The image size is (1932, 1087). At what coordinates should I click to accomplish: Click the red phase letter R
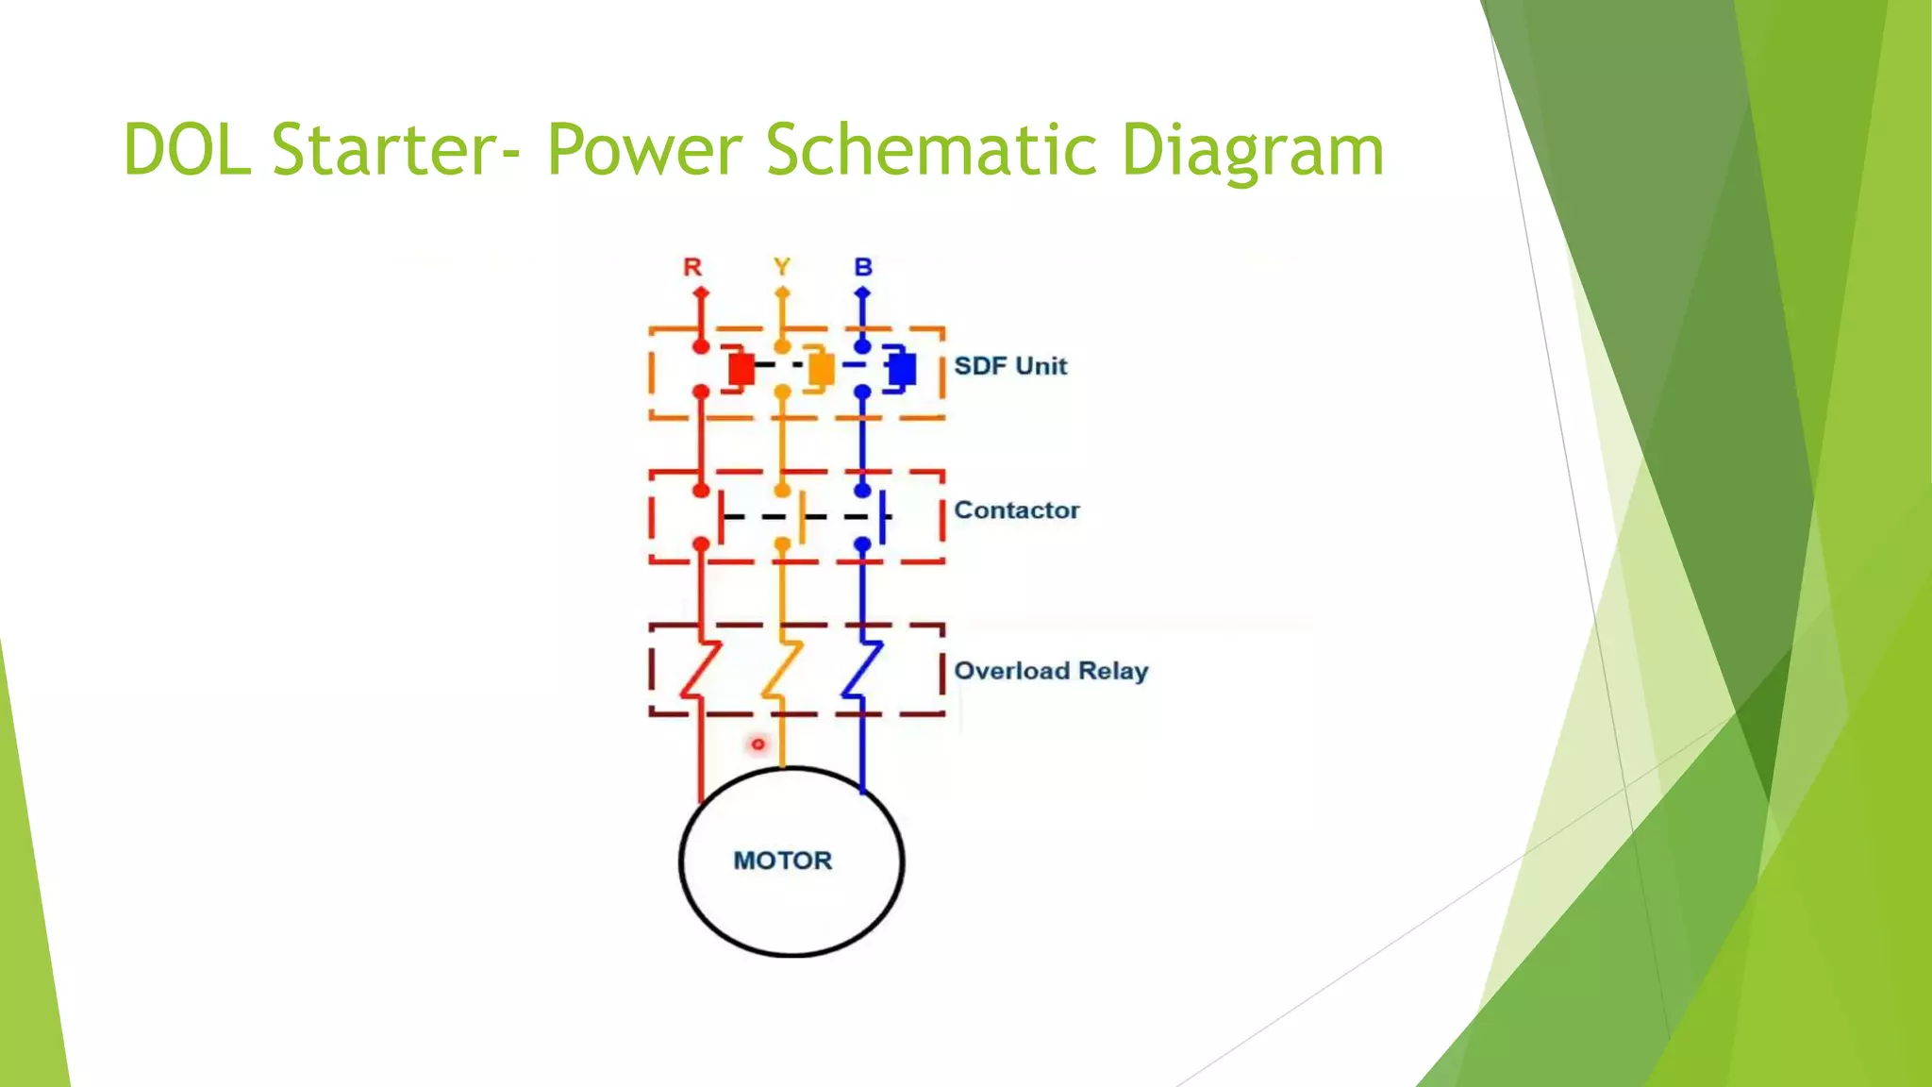click(692, 267)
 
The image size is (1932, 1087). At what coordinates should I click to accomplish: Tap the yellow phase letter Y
click(782, 267)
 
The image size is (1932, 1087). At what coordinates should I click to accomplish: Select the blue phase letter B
click(863, 267)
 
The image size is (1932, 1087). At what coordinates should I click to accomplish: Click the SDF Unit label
click(1009, 366)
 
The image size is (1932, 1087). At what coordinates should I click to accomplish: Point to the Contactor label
click(1016, 510)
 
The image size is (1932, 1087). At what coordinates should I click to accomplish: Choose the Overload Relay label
click(1051, 671)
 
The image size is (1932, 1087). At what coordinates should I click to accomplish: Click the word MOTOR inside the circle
click(783, 861)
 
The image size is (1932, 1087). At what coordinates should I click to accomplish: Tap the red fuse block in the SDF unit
click(741, 369)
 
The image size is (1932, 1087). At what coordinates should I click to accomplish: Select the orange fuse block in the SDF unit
click(821, 369)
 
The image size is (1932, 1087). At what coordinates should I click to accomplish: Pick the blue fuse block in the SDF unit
click(901, 368)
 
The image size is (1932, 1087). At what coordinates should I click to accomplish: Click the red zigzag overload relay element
click(700, 670)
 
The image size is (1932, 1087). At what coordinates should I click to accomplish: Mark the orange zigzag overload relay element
click(782, 670)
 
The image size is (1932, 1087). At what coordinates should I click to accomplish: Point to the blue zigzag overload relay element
click(862, 670)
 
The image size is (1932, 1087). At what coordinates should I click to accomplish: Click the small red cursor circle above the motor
click(758, 744)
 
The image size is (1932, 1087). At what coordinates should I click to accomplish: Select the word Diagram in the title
click(1252, 151)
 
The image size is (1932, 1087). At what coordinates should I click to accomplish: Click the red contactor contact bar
click(721, 516)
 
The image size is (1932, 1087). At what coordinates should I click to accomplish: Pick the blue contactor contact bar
click(883, 516)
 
